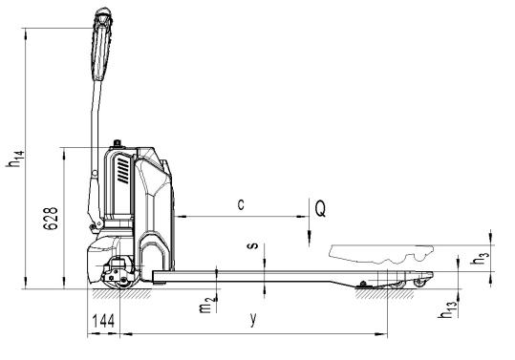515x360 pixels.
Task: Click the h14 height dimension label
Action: (15, 159)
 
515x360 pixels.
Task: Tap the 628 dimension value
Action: (51, 219)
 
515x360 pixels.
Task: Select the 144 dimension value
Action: (103, 321)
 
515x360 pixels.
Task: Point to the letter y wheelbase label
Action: (253, 319)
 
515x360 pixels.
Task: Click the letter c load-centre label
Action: (241, 204)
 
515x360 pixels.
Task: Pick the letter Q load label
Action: (321, 209)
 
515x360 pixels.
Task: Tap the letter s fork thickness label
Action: (254, 245)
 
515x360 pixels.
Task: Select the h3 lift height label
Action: (482, 257)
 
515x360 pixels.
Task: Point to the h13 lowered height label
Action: (447, 309)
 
